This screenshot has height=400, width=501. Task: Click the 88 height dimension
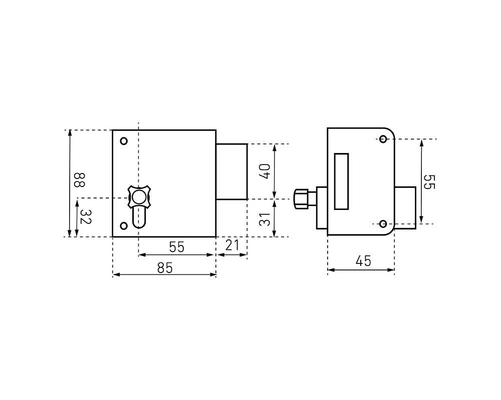click(x=79, y=180)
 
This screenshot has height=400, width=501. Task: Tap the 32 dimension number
click(x=86, y=216)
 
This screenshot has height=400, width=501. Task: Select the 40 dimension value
click(x=265, y=171)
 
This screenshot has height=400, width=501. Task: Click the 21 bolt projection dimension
click(x=232, y=245)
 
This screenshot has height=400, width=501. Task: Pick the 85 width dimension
click(x=165, y=268)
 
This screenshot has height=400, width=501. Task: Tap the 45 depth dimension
click(x=363, y=261)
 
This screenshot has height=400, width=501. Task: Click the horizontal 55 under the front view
click(x=177, y=247)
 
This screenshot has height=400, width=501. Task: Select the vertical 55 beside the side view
click(x=429, y=182)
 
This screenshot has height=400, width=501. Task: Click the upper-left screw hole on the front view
click(x=124, y=141)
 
